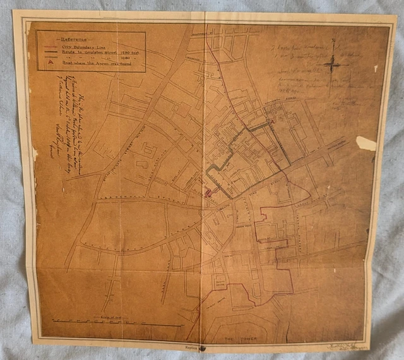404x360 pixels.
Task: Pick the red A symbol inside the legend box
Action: pyautogui.click(x=45, y=66)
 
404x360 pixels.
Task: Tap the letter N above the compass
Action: pyautogui.click(x=334, y=51)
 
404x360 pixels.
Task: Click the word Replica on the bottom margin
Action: pyautogui.click(x=190, y=347)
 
